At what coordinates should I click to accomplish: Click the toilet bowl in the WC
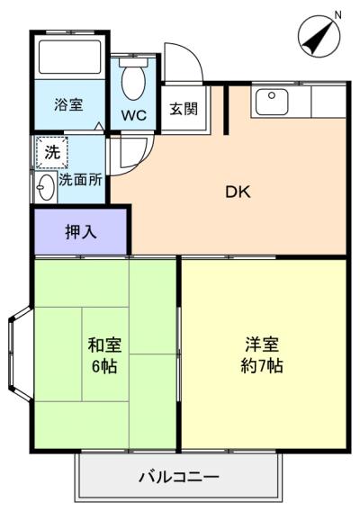[x=134, y=82]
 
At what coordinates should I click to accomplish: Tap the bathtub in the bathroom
[x=69, y=57]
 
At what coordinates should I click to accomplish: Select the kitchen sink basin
[x=272, y=102]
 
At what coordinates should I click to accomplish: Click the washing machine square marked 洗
[x=52, y=152]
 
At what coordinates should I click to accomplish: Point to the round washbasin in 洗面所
[x=45, y=187]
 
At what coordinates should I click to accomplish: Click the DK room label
[x=238, y=192]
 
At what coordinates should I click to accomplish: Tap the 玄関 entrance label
[x=184, y=109]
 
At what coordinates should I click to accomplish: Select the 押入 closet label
[x=80, y=232]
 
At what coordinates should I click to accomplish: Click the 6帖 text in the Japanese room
[x=104, y=367]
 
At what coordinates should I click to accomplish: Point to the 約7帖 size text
[x=262, y=365]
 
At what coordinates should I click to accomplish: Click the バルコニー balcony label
[x=179, y=478]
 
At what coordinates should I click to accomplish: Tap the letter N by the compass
[x=337, y=14]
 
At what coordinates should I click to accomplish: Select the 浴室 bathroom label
[x=68, y=105]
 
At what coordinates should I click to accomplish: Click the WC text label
[x=134, y=115]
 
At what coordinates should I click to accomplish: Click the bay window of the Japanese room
[x=20, y=353]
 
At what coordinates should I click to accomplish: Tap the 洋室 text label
[x=262, y=345]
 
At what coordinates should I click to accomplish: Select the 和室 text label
[x=104, y=345]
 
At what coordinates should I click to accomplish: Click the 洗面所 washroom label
[x=80, y=180]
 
